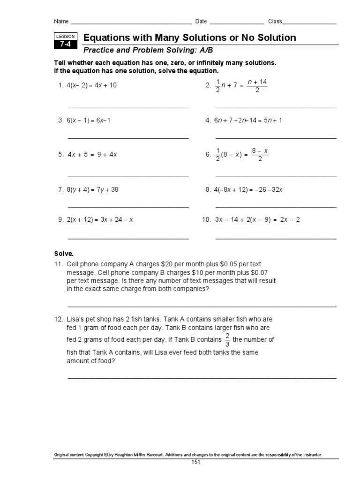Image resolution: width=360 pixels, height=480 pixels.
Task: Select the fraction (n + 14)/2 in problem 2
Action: tap(257, 86)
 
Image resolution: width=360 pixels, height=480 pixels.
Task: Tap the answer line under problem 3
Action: tap(128, 138)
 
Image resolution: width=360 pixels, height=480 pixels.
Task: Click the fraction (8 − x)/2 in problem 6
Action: tap(259, 154)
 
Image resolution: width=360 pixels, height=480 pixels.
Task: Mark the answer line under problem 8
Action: tap(276, 207)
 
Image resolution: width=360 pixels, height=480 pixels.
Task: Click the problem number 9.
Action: tap(60, 219)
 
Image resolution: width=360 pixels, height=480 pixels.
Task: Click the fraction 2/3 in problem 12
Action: tap(227, 340)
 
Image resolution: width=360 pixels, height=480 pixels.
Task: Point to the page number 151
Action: tap(195, 462)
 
